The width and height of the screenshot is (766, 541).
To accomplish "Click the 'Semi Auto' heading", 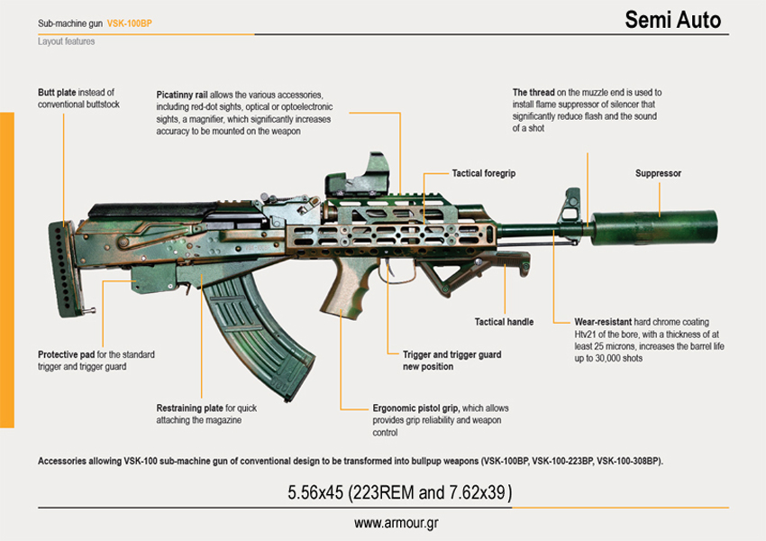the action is (x=672, y=20).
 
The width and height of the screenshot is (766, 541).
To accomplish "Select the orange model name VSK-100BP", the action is (x=130, y=23).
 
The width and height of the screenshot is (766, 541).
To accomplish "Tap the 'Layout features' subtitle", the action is (x=67, y=41).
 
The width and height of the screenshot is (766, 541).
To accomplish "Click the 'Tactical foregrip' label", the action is (x=484, y=173).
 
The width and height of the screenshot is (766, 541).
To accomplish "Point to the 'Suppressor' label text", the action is (x=658, y=173).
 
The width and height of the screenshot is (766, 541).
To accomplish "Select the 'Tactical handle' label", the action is (x=504, y=322).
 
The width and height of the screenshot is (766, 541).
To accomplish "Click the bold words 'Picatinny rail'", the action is (x=182, y=95).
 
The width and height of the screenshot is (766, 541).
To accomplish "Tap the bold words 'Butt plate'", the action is (x=57, y=92).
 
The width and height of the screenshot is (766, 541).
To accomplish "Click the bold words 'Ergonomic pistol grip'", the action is (x=415, y=408).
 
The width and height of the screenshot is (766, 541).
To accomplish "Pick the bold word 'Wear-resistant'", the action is (x=603, y=322).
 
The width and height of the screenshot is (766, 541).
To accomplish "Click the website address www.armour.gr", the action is (x=397, y=523).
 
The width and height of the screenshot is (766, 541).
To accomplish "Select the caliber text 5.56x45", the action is (x=315, y=492).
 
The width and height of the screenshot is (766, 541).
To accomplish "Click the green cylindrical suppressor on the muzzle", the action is (x=654, y=228).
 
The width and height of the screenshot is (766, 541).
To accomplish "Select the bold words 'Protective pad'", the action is (x=67, y=354).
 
